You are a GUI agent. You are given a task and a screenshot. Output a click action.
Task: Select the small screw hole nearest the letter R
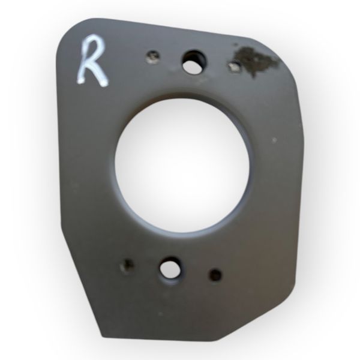click(x=152, y=56)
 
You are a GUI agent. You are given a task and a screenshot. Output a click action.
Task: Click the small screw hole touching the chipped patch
click(x=235, y=66)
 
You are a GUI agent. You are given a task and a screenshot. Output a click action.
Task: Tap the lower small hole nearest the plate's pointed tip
click(x=127, y=266)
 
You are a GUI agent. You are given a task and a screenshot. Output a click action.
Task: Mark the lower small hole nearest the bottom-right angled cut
click(x=215, y=275)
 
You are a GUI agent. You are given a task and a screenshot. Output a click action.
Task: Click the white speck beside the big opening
click(x=274, y=140)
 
